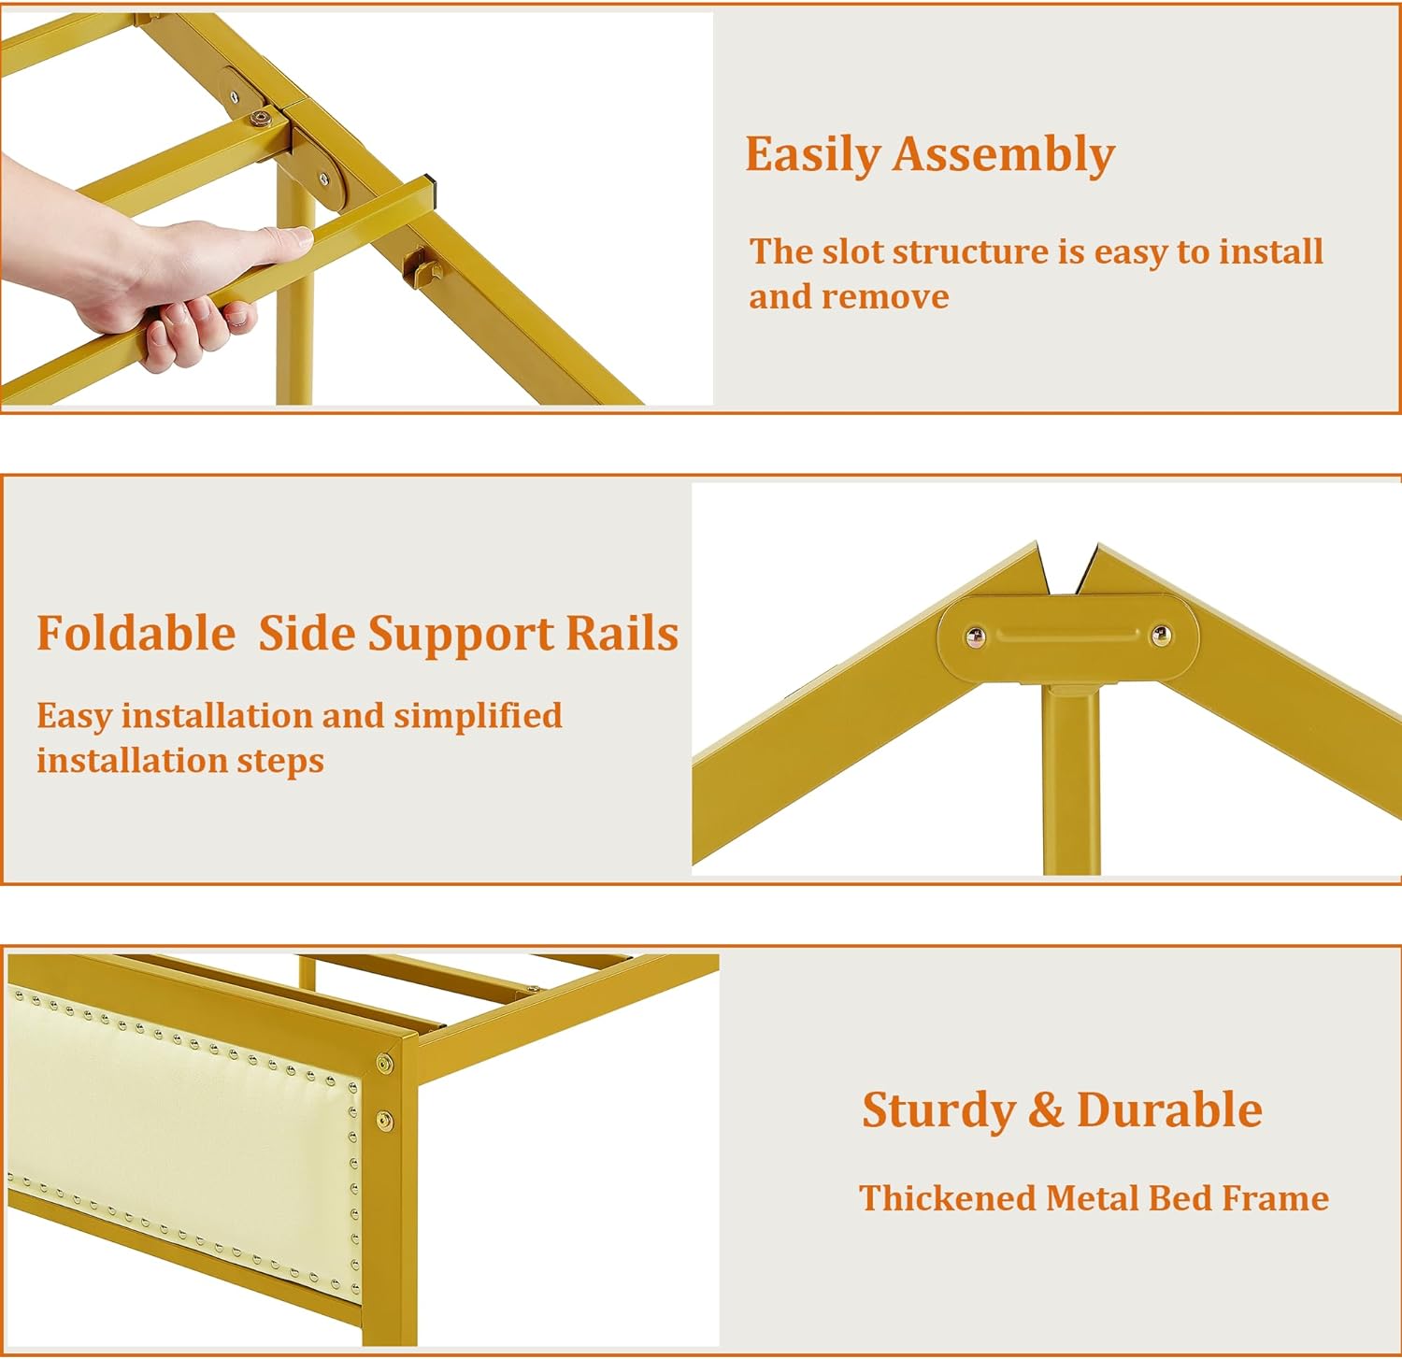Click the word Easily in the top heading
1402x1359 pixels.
(811, 155)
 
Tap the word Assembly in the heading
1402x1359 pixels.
(1003, 155)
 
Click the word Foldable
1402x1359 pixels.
(136, 634)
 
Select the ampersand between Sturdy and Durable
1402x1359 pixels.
(1046, 1110)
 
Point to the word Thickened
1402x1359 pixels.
(947, 1198)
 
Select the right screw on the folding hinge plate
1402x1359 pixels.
(1162, 636)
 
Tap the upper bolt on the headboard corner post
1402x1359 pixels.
(384, 1064)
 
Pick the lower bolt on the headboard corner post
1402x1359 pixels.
(383, 1119)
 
